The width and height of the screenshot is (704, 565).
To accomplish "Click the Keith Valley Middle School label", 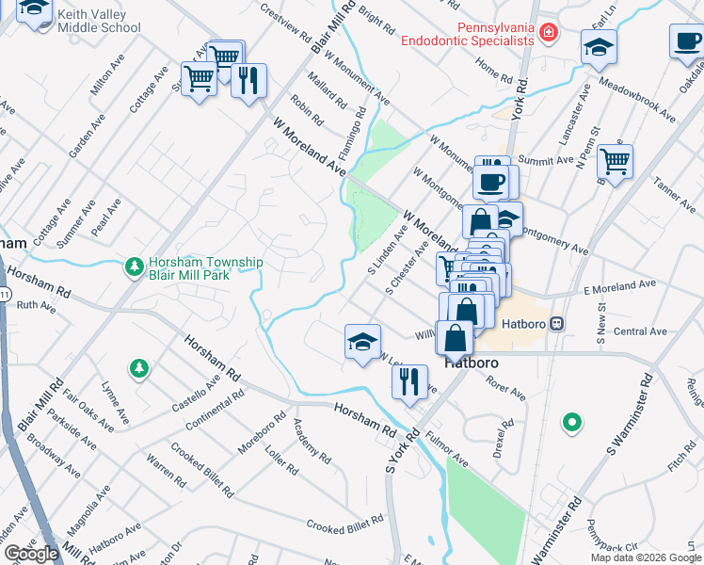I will [x=99, y=21].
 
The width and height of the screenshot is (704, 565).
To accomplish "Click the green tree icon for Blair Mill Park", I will [x=136, y=268].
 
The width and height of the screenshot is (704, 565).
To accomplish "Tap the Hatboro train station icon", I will [x=556, y=323].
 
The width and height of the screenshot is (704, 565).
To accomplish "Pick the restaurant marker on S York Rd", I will [x=408, y=381].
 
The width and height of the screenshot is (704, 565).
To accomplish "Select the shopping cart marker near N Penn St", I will [x=615, y=161].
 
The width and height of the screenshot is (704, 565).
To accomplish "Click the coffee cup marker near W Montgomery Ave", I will [x=491, y=181].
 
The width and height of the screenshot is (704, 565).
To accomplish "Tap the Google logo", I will [x=31, y=554].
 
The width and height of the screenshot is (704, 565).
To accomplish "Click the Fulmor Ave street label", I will [x=446, y=451].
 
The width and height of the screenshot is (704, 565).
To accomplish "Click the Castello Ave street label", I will [x=195, y=394].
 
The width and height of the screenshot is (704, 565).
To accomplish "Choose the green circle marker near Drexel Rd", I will [x=570, y=423].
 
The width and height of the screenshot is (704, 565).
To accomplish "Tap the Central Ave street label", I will [x=639, y=331].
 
